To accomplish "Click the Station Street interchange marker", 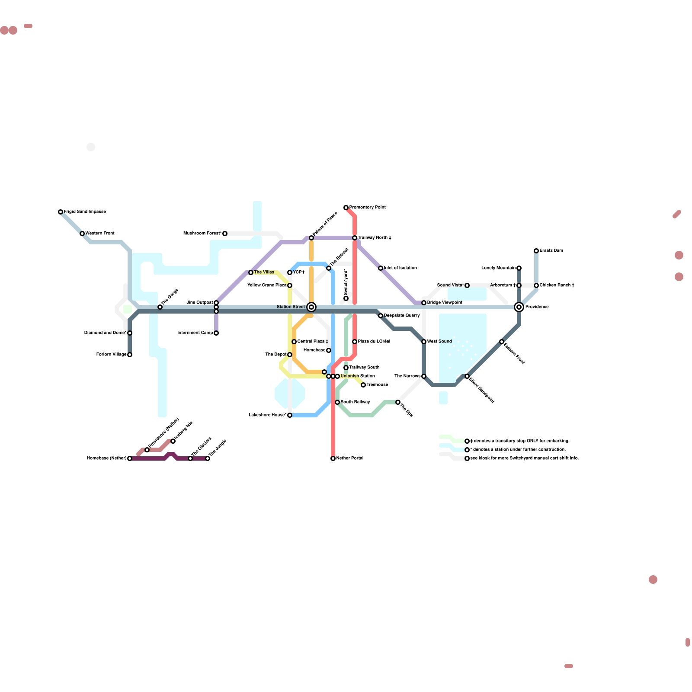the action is point(311,307).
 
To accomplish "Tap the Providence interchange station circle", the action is point(519,307).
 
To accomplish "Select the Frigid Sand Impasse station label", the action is point(85,212).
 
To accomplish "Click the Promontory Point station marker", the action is point(346,208).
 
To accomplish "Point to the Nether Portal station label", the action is point(350,458).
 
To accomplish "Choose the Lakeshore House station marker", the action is point(290,415).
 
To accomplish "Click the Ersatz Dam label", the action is point(551,251).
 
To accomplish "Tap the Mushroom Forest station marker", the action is point(225,234).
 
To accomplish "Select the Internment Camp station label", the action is point(195,333).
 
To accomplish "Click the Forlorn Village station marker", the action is point(130,355).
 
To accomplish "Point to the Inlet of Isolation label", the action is point(400,268).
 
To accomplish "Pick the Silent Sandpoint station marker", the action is point(467,376).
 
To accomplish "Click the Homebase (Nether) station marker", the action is point(130,458).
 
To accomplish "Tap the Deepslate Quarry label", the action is point(402,316).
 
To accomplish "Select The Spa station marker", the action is point(398,402).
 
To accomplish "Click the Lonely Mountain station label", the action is point(499,268).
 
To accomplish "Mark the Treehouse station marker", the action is point(363,385).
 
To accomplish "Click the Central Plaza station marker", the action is point(294,342).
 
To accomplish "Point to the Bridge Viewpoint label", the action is point(445,303).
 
